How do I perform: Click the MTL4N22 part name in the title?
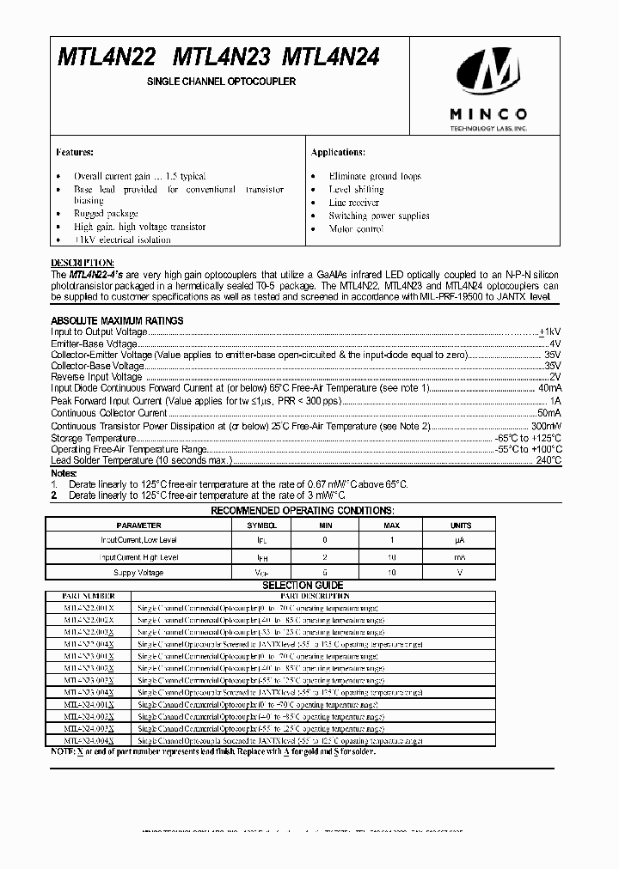click(x=107, y=58)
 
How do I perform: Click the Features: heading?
click(x=75, y=152)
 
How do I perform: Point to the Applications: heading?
click(x=338, y=152)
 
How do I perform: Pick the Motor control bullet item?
click(x=356, y=229)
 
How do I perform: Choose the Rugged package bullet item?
click(x=106, y=214)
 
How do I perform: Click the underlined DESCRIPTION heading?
click(x=82, y=262)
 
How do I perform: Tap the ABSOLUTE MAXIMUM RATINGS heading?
click(x=117, y=320)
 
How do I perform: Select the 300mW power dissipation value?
click(x=545, y=425)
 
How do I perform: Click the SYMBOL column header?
click(x=262, y=525)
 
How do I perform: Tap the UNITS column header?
click(x=461, y=525)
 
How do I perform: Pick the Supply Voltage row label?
click(x=138, y=572)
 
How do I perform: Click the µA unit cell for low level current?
click(x=461, y=540)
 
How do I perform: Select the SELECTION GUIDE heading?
click(x=303, y=585)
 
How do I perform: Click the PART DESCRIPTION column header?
click(x=315, y=595)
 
